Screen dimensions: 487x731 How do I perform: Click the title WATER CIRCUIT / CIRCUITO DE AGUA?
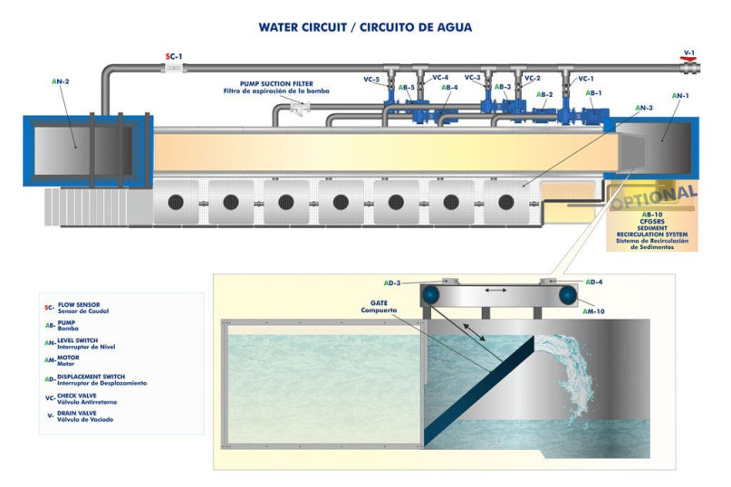pyautogui.click(x=365, y=27)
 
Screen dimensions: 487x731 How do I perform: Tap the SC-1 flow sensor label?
pyautogui.click(x=174, y=56)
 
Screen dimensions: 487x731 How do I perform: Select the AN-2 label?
pyautogui.click(x=61, y=81)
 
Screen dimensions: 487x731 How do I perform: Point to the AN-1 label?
pyautogui.click(x=679, y=95)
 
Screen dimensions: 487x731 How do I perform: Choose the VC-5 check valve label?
pyautogui.click(x=371, y=80)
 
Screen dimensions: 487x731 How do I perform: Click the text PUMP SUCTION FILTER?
pyautogui.click(x=271, y=83)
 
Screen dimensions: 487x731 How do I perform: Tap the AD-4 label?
pyautogui.click(x=594, y=282)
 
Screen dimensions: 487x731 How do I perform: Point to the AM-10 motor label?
pyautogui.click(x=594, y=310)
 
